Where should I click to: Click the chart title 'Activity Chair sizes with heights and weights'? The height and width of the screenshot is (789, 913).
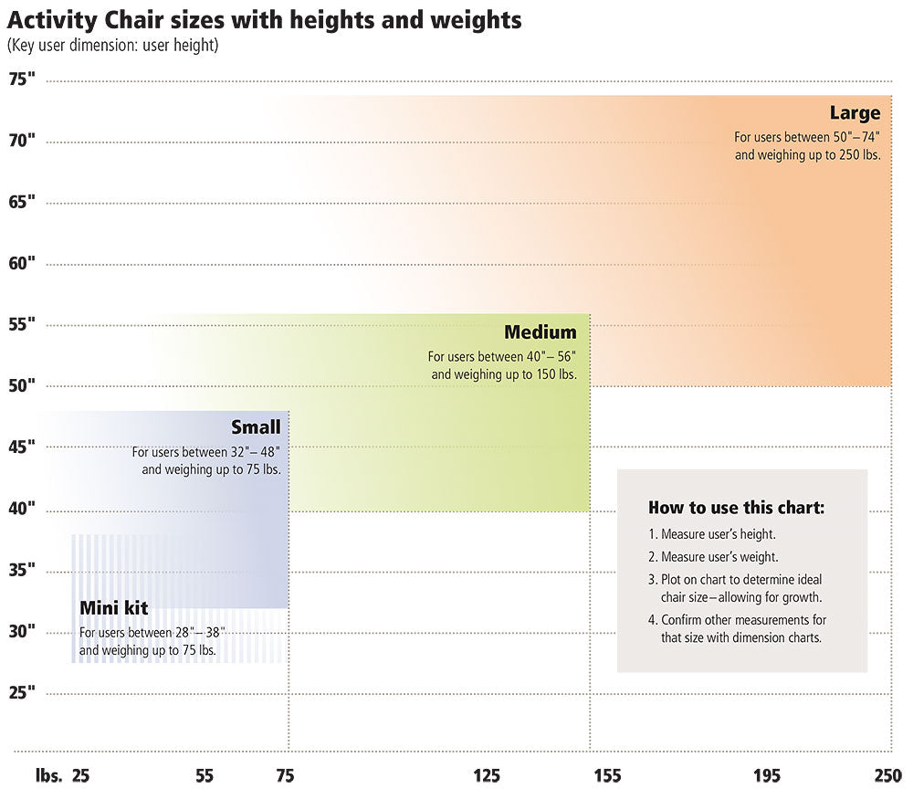coord(265,20)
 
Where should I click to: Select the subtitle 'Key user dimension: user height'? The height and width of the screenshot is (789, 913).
coord(112,45)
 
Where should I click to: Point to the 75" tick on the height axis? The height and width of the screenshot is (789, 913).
coord(22,79)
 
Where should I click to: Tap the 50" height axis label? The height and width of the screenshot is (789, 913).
coord(22,385)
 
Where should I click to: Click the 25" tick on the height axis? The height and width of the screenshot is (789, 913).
coord(22,692)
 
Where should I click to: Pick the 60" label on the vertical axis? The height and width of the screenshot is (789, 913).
coord(22,263)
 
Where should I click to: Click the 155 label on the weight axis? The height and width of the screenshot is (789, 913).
coord(606,775)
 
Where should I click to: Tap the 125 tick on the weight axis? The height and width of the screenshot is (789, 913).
coord(487,775)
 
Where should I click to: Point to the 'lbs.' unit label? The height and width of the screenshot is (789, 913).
coord(48,775)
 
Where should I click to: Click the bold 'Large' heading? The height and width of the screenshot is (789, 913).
coord(855,113)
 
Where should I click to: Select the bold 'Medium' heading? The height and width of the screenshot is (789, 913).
coord(540,332)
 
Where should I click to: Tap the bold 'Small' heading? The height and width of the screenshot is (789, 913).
coord(256,427)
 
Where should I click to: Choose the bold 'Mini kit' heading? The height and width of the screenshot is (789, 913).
coord(113,608)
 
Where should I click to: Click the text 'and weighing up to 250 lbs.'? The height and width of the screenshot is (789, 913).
coord(807,155)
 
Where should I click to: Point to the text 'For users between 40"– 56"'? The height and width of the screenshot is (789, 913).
coord(502,357)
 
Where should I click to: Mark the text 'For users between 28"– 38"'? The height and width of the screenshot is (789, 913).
coord(152,633)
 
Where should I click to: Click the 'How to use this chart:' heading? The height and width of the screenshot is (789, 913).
coord(736,508)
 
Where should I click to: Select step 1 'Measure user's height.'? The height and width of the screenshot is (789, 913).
coord(712,534)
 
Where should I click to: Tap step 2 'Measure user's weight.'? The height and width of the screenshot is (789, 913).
coord(713,556)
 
